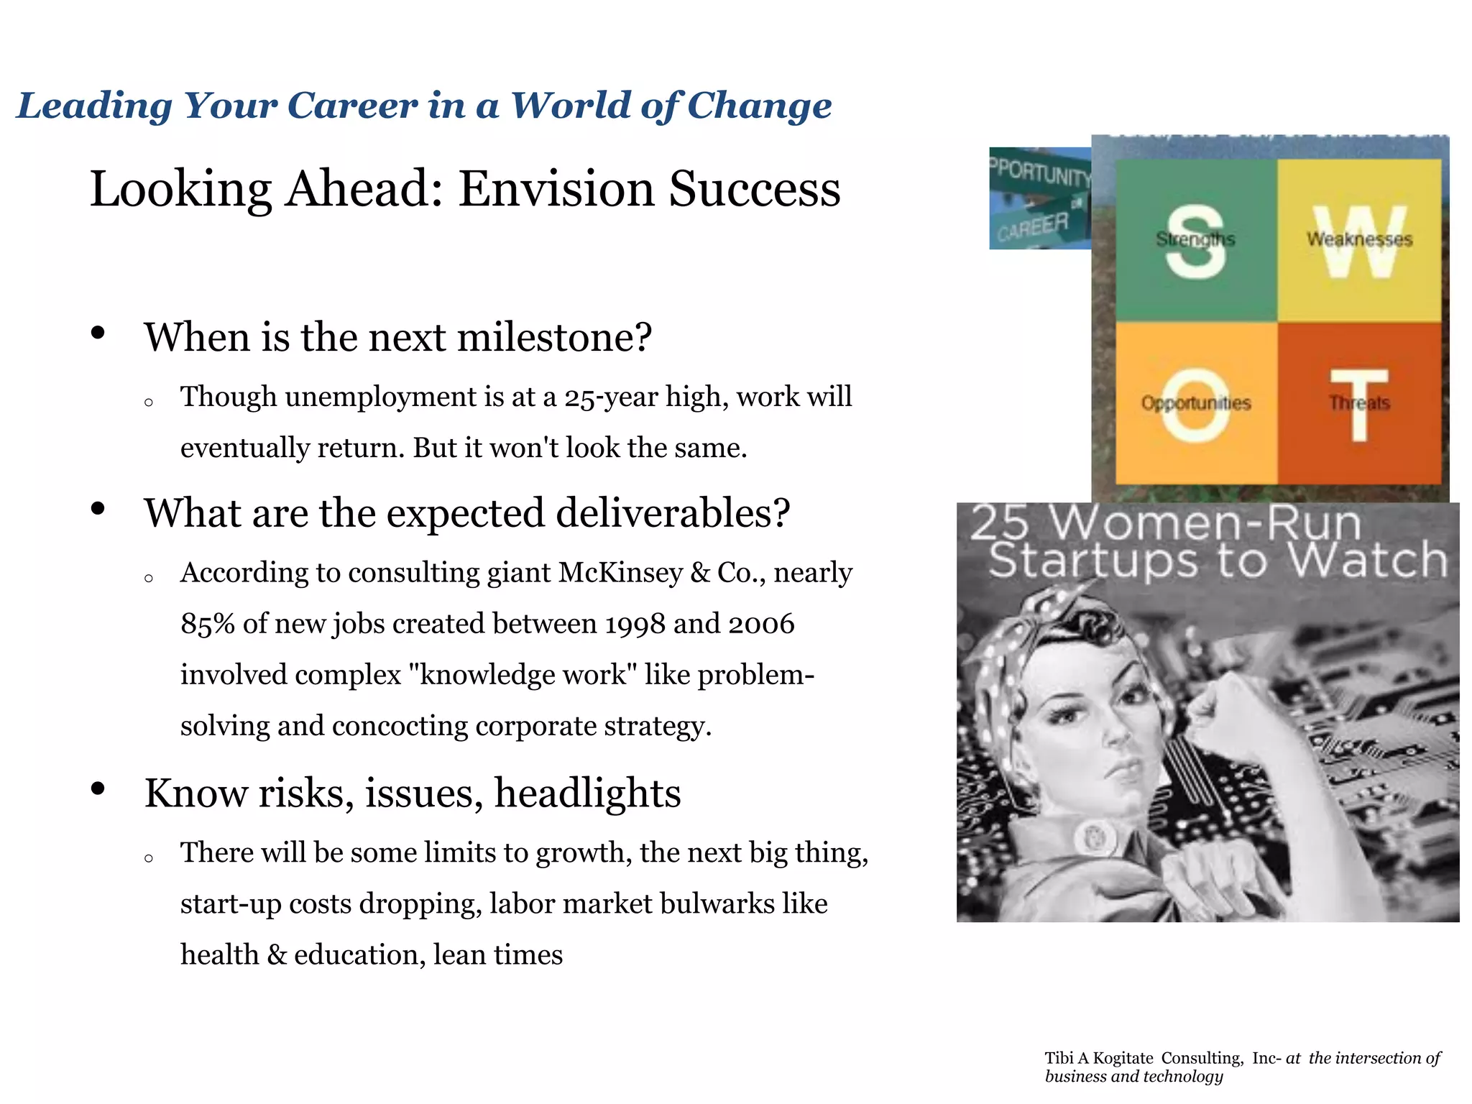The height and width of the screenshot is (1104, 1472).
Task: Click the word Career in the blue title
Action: tap(351, 106)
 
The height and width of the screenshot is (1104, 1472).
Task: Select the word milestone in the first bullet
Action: tap(546, 337)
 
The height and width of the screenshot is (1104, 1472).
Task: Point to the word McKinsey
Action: tap(620, 573)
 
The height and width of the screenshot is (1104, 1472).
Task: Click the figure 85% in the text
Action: tap(208, 624)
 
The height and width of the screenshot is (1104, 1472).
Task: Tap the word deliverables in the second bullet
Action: tap(673, 513)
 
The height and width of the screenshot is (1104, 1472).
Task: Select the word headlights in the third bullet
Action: tap(587, 793)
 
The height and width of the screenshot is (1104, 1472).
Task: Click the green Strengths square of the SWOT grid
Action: tap(1195, 241)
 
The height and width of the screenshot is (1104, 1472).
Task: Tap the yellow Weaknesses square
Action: tap(1359, 241)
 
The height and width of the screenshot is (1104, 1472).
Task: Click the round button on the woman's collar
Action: tap(1095, 836)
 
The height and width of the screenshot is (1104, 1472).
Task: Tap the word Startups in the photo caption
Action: tap(1092, 561)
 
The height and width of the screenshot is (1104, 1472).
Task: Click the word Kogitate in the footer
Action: tap(1123, 1058)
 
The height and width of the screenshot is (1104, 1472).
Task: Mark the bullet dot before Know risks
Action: tap(98, 789)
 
